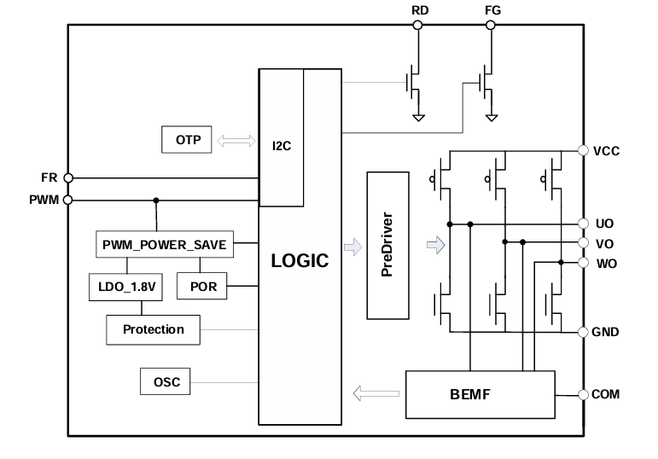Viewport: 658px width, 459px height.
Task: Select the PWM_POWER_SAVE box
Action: coord(164,245)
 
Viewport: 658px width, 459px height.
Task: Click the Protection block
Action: coord(153,329)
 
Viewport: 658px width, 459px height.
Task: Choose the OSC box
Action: coord(166,382)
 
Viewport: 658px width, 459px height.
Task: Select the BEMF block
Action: coord(479,395)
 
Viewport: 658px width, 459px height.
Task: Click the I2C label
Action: coord(282,146)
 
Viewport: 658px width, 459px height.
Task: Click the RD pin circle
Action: coord(418,26)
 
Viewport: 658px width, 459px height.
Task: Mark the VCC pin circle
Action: coord(583,151)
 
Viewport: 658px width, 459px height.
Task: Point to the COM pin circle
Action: coord(583,395)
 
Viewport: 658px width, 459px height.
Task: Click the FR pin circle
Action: coord(68,178)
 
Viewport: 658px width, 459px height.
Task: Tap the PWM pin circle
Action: coord(68,200)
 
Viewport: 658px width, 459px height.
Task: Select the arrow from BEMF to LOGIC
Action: coord(376,394)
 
